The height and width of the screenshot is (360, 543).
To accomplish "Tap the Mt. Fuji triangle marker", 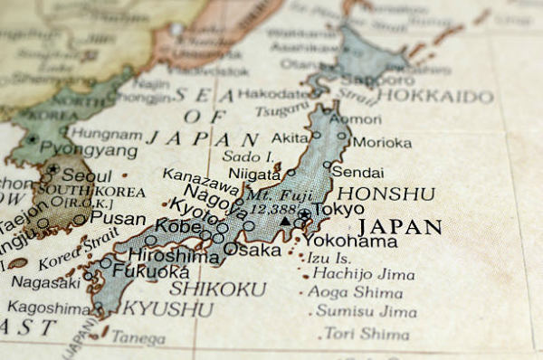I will click(286, 220).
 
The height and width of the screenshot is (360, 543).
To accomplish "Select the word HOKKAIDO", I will click(435, 96).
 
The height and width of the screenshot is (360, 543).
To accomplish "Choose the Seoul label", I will click(88, 176).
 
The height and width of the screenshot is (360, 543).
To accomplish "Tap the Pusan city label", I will click(119, 218).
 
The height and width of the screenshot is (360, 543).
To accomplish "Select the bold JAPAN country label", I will click(400, 227).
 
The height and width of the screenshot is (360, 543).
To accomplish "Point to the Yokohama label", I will click(349, 242).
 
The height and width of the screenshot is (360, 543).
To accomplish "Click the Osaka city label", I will click(245, 249).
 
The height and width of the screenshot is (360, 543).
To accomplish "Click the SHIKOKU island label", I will click(218, 289).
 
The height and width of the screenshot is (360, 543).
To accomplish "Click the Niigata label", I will click(254, 174).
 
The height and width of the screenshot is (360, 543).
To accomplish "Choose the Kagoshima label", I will click(50, 308).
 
